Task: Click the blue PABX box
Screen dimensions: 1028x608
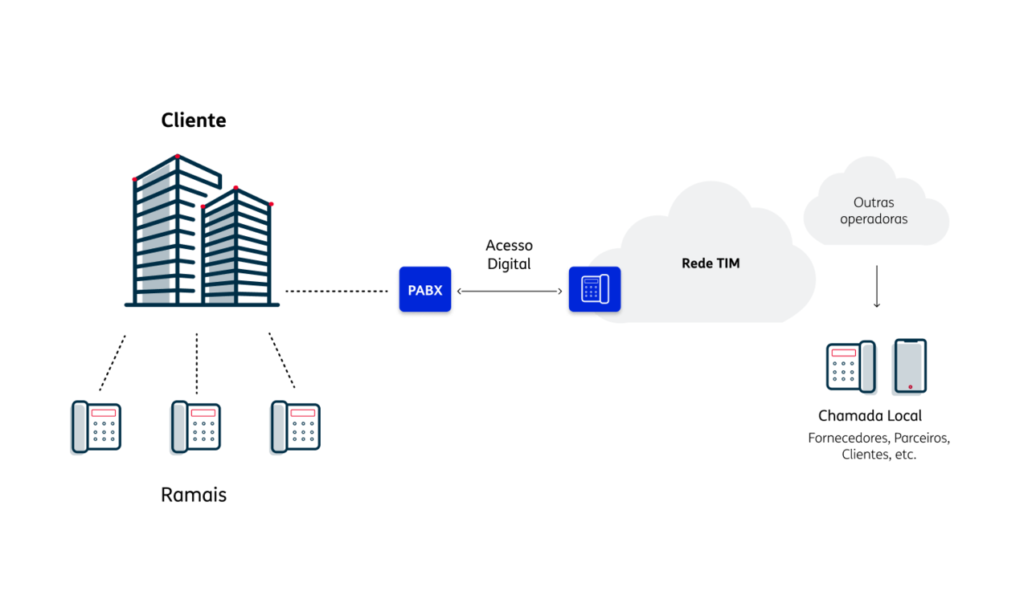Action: point(425,289)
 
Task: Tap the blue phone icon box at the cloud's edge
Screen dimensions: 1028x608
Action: point(595,289)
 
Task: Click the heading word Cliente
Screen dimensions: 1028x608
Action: point(194,120)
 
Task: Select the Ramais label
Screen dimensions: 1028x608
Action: point(194,495)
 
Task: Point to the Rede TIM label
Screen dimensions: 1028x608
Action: point(711,263)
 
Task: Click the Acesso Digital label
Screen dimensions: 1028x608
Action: point(510,255)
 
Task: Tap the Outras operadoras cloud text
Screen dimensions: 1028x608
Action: point(874,210)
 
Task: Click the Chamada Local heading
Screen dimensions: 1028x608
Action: point(870,415)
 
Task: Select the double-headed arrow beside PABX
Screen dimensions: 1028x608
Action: point(510,292)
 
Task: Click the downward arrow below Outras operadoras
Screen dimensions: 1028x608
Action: point(877,286)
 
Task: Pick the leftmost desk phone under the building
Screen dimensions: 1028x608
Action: point(96,426)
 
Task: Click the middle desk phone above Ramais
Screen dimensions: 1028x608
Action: point(196,426)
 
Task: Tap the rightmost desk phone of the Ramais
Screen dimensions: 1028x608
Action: point(296,426)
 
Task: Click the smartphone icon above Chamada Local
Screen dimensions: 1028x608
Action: point(911,366)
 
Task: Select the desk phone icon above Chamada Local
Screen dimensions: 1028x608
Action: point(851,366)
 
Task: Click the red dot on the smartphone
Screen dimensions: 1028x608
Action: point(911,387)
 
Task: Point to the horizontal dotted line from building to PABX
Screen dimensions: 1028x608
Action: point(337,292)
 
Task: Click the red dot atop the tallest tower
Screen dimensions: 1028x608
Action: point(178,157)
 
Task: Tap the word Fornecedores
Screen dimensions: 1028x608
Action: point(848,438)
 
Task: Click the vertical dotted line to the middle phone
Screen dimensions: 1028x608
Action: point(197,364)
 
